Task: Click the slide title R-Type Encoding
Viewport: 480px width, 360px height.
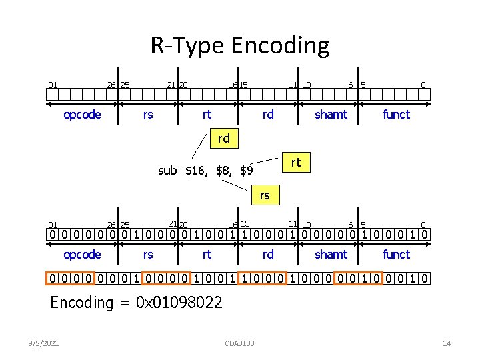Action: click(239, 46)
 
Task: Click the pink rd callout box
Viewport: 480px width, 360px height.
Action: click(223, 139)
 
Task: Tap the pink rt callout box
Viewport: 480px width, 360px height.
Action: click(296, 162)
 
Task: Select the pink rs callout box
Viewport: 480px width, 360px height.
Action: click(265, 195)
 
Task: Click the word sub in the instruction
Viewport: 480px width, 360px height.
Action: click(167, 171)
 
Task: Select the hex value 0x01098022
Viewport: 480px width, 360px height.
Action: click(179, 303)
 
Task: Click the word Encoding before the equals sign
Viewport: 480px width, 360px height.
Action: click(82, 303)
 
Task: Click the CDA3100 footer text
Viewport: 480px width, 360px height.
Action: click(240, 343)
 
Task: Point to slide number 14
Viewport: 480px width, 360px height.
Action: click(447, 343)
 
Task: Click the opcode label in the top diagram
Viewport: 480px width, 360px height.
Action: click(82, 115)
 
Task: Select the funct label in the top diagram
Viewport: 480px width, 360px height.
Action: click(396, 115)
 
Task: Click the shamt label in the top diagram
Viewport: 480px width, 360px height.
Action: click(331, 115)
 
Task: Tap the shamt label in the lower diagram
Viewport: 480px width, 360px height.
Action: click(331, 255)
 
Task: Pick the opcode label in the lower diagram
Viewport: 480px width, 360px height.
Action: click(82, 255)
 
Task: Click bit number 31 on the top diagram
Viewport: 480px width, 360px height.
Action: click(52, 85)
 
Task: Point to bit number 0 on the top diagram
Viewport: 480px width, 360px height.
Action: click(423, 85)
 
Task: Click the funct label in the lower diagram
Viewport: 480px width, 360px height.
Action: click(396, 255)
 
